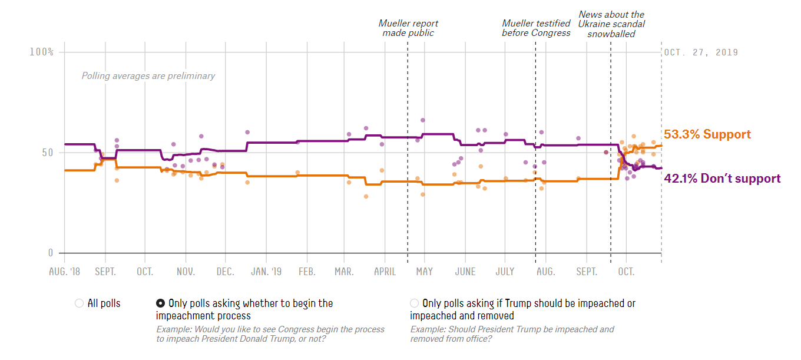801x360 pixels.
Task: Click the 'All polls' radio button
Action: (x=79, y=303)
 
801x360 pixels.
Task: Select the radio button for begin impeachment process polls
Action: (x=160, y=303)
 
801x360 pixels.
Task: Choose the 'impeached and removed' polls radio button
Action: (x=415, y=303)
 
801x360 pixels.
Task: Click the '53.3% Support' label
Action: (x=707, y=134)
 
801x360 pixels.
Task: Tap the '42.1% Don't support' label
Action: (x=722, y=179)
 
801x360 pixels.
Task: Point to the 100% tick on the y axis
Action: (x=41, y=52)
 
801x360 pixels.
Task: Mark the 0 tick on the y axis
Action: (x=50, y=253)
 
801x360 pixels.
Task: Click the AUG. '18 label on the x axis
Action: (x=64, y=272)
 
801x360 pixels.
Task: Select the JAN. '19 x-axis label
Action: (x=266, y=272)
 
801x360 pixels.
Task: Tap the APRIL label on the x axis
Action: (x=385, y=272)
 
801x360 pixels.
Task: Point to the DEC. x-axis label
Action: (x=225, y=272)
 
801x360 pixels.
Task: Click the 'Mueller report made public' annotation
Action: (x=408, y=28)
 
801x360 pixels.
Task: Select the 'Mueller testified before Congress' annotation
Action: (x=536, y=28)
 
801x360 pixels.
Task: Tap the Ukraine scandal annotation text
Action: (x=611, y=24)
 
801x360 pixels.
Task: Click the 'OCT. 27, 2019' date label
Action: (x=701, y=52)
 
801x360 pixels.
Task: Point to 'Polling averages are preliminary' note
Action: (x=148, y=76)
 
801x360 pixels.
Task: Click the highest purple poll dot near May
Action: (x=423, y=120)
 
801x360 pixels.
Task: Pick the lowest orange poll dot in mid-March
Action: (x=366, y=196)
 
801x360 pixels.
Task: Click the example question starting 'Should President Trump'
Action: (x=512, y=334)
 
